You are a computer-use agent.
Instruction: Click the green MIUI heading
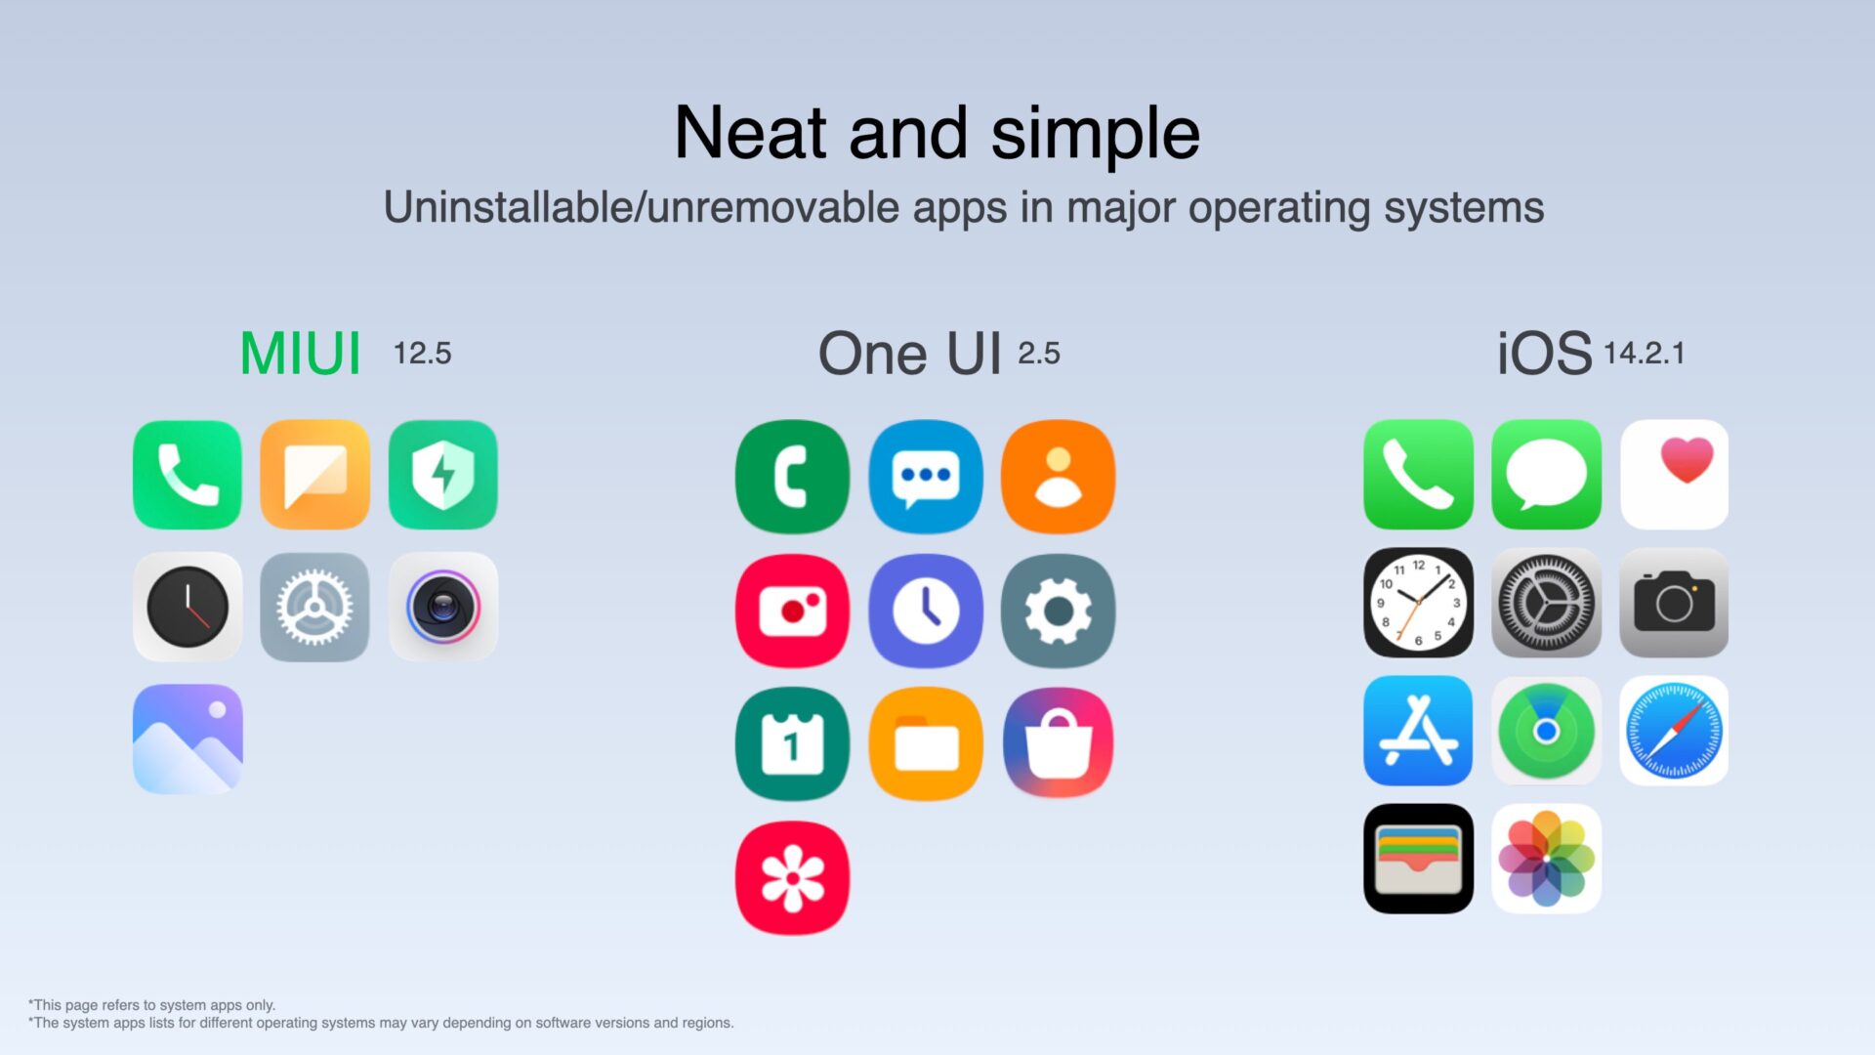(300, 354)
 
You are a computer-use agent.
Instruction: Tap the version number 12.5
(422, 353)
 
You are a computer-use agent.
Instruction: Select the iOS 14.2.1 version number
(1644, 353)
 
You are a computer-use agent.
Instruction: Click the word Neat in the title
(751, 133)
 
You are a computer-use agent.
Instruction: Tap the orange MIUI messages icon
(314, 475)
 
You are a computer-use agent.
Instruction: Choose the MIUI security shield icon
(442, 475)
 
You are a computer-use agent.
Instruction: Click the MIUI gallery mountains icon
(187, 738)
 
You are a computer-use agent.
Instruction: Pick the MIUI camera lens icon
(442, 607)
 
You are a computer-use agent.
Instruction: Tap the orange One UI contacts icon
(1058, 477)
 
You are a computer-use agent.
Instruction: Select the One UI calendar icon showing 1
(792, 744)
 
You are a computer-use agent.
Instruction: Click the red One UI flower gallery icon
(792, 877)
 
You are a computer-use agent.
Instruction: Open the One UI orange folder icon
(926, 744)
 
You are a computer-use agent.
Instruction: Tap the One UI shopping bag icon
(1058, 744)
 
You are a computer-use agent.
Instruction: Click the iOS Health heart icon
(1674, 475)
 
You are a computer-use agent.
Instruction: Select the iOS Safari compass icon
(1674, 731)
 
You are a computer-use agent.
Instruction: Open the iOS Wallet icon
(1418, 859)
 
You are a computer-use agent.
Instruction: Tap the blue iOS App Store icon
(1418, 731)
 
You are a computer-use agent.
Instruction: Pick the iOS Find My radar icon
(1546, 731)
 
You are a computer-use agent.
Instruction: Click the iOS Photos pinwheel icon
(1546, 859)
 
